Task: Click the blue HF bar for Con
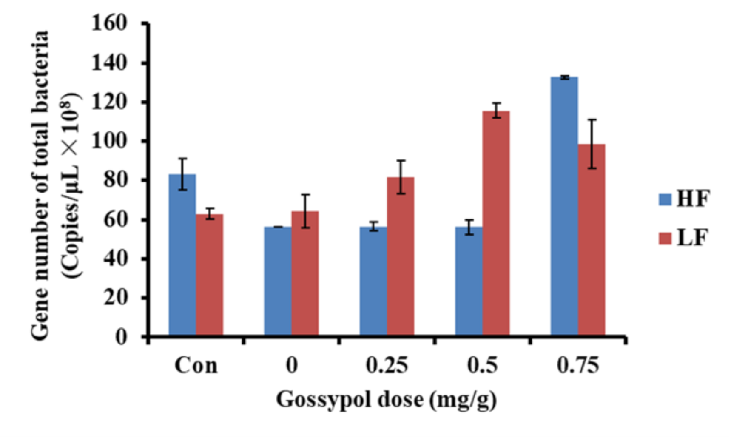pyautogui.click(x=182, y=255)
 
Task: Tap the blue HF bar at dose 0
pyautogui.click(x=278, y=281)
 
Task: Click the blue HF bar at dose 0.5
pyautogui.click(x=469, y=281)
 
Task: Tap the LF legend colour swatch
pyautogui.click(x=665, y=238)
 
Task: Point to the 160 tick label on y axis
pyautogui.click(x=109, y=23)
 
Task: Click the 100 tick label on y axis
pyautogui.click(x=109, y=141)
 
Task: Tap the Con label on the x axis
pyautogui.click(x=196, y=365)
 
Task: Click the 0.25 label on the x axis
pyautogui.click(x=387, y=365)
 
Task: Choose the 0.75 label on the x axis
pyautogui.click(x=577, y=365)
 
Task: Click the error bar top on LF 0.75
pyautogui.click(x=592, y=120)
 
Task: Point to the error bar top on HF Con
pyautogui.click(x=182, y=159)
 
